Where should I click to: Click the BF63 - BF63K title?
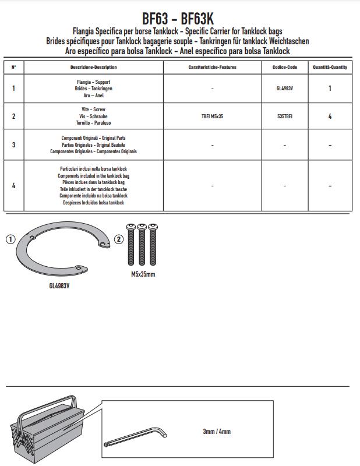coord(180,19)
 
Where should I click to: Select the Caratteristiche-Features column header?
coord(212,68)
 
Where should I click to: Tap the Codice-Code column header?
coord(285,68)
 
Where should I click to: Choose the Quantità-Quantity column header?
coord(330,68)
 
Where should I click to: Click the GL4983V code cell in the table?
coord(285,89)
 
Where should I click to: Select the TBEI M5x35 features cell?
coord(212,116)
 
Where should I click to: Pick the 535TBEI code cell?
coord(285,116)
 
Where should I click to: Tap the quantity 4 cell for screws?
coord(330,116)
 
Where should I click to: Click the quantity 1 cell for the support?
coord(330,89)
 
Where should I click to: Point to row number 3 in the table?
coord(14,144)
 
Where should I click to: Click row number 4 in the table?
coord(14,186)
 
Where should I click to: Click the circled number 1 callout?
coord(10,239)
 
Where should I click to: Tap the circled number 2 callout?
coord(119,239)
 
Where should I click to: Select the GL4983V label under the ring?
coord(59,286)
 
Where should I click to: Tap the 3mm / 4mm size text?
coord(217,432)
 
